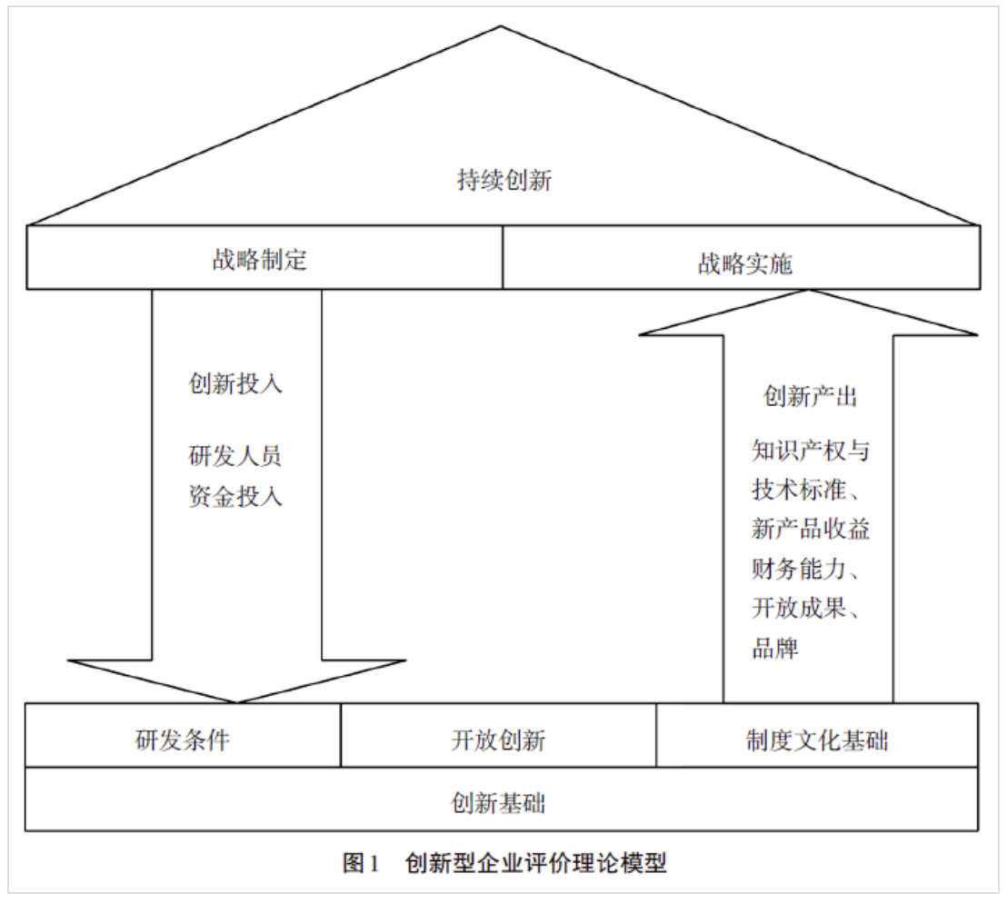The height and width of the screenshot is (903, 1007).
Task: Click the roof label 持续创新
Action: [x=504, y=181]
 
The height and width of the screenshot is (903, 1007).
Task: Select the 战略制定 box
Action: [x=264, y=257]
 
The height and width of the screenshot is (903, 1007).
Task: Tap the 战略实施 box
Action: [x=741, y=257]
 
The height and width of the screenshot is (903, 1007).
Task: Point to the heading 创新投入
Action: [x=235, y=383]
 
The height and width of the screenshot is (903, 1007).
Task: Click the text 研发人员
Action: [x=235, y=456]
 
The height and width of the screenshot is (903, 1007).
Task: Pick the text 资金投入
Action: [x=235, y=496]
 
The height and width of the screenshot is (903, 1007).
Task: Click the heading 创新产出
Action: [x=810, y=396]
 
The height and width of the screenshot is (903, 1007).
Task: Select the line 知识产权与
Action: [x=811, y=451]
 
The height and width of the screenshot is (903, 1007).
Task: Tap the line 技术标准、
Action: [x=806, y=490]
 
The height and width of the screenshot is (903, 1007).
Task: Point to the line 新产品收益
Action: [x=811, y=529]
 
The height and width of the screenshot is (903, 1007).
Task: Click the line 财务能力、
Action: [x=806, y=569]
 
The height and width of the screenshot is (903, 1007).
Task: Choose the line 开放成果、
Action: [x=806, y=608]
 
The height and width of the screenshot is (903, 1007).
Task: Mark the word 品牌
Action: [x=775, y=648]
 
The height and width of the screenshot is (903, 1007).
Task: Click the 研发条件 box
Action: [x=183, y=735]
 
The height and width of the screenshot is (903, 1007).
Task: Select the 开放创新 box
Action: [x=498, y=735]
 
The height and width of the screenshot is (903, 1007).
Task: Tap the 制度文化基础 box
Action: [x=818, y=735]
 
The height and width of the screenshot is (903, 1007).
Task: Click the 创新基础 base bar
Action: [x=502, y=799]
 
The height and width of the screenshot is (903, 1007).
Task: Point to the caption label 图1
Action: [x=360, y=862]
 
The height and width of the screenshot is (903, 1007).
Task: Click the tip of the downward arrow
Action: [x=236, y=703]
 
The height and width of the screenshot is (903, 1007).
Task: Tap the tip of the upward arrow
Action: [x=809, y=290]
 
